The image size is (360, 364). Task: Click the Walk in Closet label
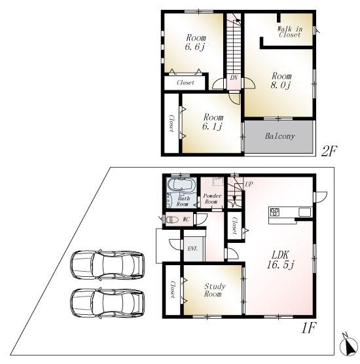tap(289, 31)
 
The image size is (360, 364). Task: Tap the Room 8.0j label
tap(281, 80)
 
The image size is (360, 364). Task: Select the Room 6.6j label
tap(195, 42)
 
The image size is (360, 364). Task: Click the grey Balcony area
tap(279, 137)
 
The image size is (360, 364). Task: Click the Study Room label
tap(215, 290)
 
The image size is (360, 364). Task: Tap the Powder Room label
tap(212, 199)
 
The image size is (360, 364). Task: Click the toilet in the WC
tap(172, 220)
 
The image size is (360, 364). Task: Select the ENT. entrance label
tap(193, 249)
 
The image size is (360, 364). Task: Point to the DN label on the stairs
tap(234, 78)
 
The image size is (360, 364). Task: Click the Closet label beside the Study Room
tap(172, 290)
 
